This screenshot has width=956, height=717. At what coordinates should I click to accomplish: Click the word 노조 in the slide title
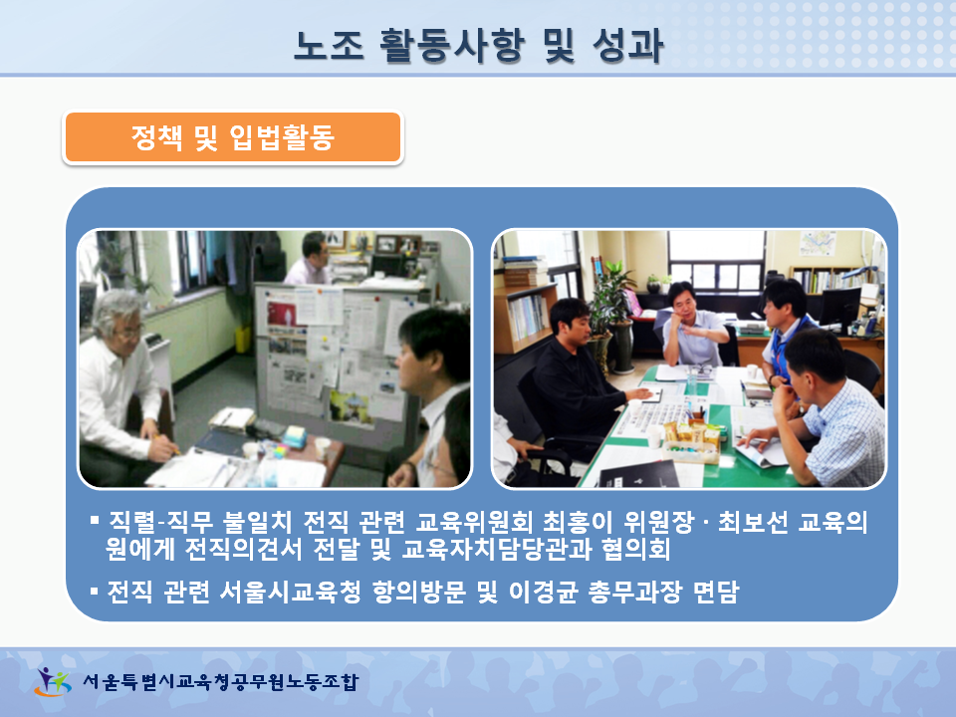tap(330, 46)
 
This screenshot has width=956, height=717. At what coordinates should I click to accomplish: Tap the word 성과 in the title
tap(627, 46)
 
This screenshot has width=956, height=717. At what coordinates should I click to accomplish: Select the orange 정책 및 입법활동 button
tap(233, 137)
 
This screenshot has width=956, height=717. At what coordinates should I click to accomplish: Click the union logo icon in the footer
tap(53, 681)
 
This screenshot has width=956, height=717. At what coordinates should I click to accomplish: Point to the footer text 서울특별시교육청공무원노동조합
tap(220, 681)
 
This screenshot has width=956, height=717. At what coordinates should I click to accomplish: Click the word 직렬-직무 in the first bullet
tap(161, 522)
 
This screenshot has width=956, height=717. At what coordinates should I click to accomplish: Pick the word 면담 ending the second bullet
tap(716, 591)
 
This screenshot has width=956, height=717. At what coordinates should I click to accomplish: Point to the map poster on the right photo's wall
tap(817, 243)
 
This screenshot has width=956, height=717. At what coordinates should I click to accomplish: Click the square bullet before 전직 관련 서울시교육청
tap(94, 591)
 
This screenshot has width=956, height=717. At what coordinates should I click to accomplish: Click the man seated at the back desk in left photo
tap(311, 259)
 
